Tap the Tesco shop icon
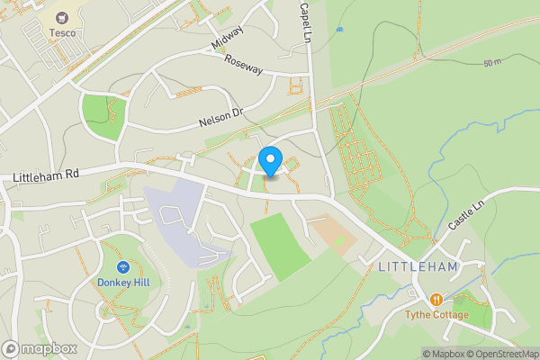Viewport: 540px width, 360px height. click(x=62, y=18)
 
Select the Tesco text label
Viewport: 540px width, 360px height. click(x=62, y=33)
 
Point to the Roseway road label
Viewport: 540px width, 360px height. click(x=244, y=66)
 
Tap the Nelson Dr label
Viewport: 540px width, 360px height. click(x=221, y=117)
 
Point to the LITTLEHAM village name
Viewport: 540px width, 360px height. click(x=418, y=267)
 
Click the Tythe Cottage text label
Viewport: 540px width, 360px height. click(x=436, y=315)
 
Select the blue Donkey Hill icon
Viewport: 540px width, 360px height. click(x=123, y=266)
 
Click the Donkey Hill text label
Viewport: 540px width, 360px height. click(x=123, y=282)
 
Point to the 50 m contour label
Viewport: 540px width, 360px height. click(x=491, y=63)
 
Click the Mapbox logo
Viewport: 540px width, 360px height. click(x=38, y=348)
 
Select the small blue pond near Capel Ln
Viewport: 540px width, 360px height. click(x=339, y=30)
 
